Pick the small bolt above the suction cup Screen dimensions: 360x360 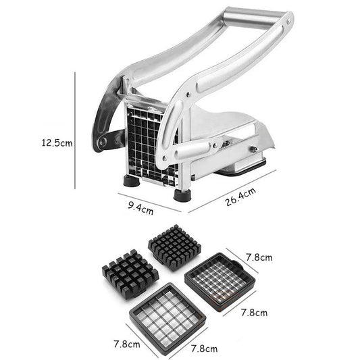(x=254, y=151)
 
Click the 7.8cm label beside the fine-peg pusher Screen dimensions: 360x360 (x=258, y=257)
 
